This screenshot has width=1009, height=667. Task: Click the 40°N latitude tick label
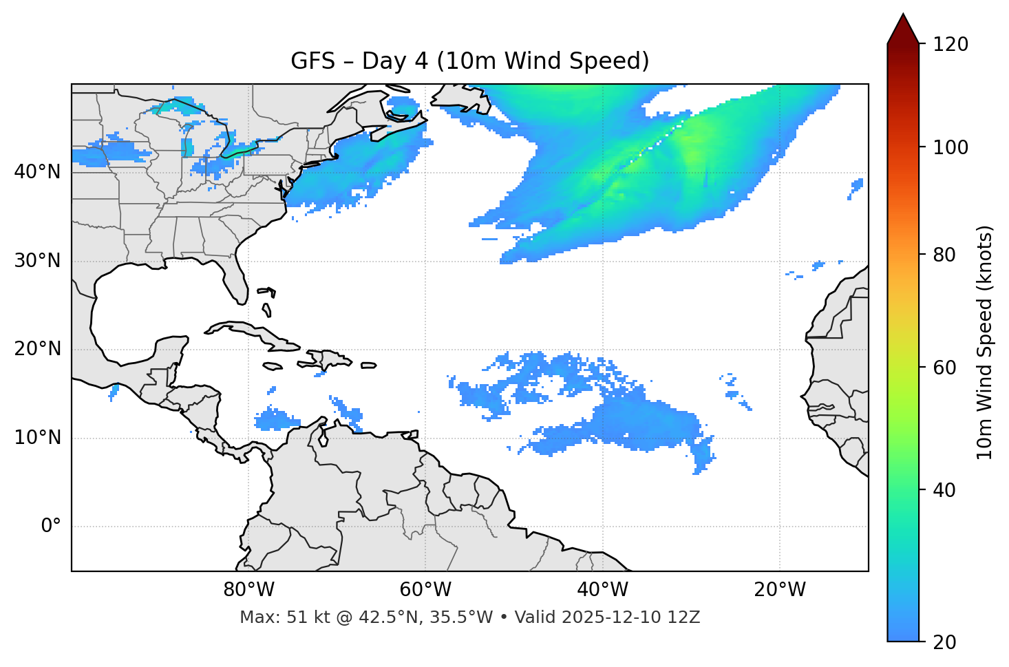click(37, 172)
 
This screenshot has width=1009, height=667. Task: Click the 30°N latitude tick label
click(37, 261)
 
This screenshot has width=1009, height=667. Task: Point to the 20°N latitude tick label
click(37, 349)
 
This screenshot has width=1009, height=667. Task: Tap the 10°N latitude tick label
click(37, 438)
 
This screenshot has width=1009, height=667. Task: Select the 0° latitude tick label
click(51, 527)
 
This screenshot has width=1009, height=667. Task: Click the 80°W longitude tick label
click(248, 590)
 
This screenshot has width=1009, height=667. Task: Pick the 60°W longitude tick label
click(425, 590)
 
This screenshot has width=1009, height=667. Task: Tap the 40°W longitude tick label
click(602, 590)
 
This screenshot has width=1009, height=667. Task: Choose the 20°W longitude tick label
click(779, 590)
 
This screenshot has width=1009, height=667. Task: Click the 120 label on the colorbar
click(950, 45)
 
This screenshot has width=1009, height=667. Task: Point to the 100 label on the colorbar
click(950, 147)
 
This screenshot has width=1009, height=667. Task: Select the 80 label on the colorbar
click(946, 255)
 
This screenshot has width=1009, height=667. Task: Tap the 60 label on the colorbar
click(946, 368)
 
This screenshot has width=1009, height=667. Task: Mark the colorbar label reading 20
click(946, 642)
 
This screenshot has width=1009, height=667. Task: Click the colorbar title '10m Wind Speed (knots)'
click(985, 343)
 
